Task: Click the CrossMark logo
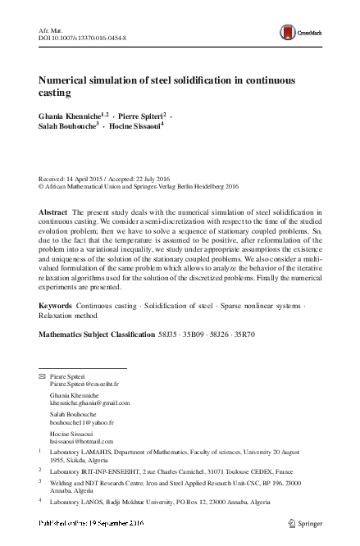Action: [299, 32]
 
